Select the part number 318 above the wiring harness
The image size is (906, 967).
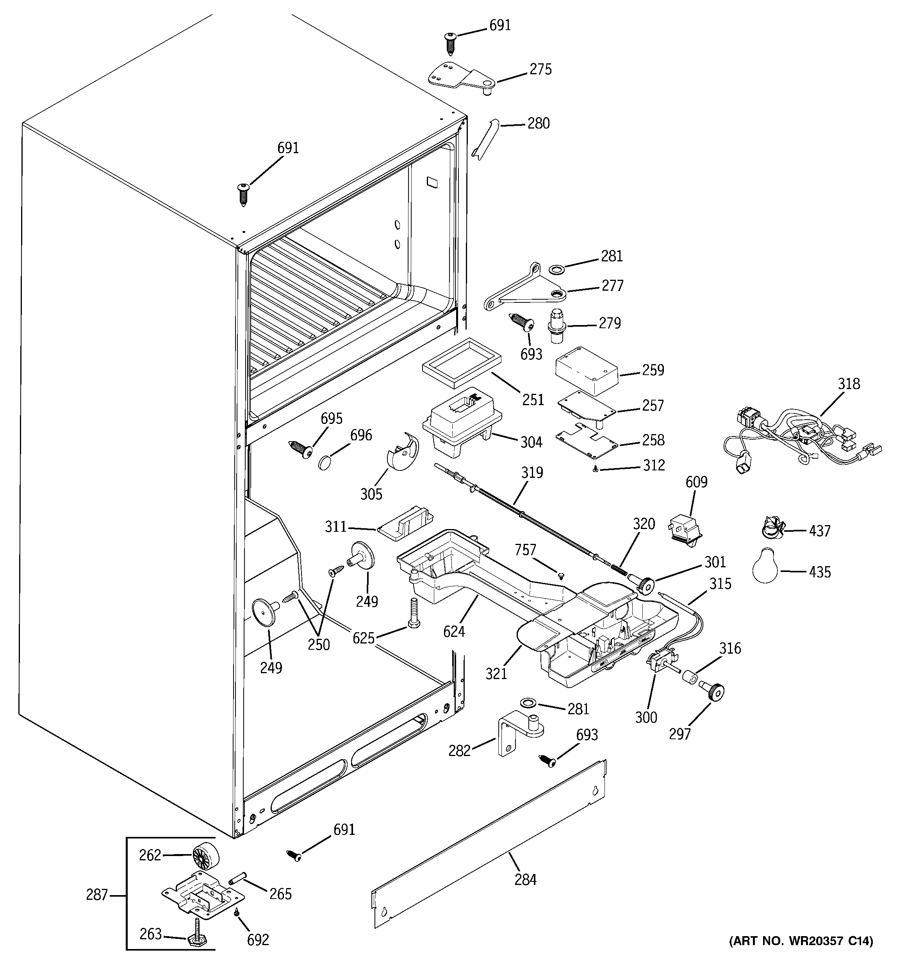tap(849, 384)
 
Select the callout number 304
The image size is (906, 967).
tap(531, 442)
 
